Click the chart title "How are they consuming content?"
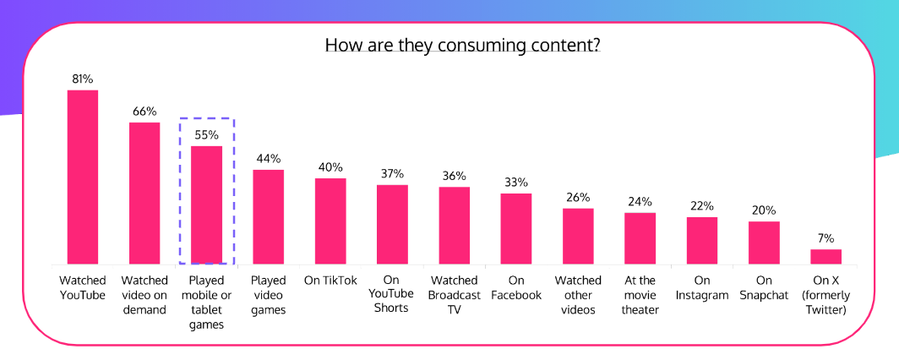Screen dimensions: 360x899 click(463, 45)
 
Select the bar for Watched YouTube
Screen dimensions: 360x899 click(83, 177)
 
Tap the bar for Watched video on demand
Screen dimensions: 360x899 click(144, 194)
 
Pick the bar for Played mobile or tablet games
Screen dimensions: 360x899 click(206, 205)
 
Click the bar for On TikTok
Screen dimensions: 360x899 click(330, 221)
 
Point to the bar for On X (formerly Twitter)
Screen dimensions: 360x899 click(825, 257)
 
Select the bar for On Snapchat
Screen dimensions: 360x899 click(764, 243)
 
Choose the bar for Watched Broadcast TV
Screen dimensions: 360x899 click(455, 226)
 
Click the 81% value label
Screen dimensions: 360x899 click(82, 79)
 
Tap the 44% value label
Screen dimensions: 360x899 click(269, 159)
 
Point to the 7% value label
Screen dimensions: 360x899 click(825, 238)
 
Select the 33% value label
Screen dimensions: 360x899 click(516, 183)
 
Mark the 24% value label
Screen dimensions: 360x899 click(640, 202)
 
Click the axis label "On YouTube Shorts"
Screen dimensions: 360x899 click(392, 294)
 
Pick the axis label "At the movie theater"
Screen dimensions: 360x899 click(640, 294)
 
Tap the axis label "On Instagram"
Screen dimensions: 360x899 click(701, 287)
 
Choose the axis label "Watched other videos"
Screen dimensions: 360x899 click(578, 294)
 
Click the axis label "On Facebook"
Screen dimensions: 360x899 click(516, 287)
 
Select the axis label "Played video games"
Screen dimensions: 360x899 click(269, 294)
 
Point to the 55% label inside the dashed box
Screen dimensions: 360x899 click(206, 135)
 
